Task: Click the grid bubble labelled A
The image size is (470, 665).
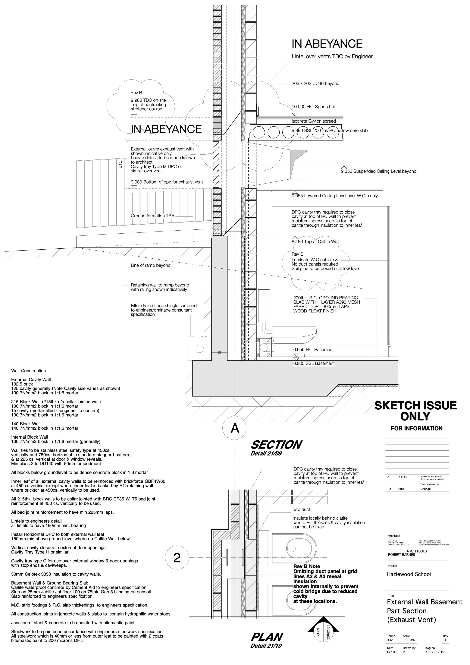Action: (235, 428)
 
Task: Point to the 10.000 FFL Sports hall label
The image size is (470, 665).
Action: (313, 107)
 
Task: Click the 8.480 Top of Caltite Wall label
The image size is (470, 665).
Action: (315, 241)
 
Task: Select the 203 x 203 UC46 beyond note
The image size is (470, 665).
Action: (315, 84)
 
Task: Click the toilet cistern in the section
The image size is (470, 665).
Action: (264, 305)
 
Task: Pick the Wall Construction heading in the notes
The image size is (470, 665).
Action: (28, 371)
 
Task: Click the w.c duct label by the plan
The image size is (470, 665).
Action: (302, 509)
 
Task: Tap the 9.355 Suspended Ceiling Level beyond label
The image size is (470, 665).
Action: (378, 171)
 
